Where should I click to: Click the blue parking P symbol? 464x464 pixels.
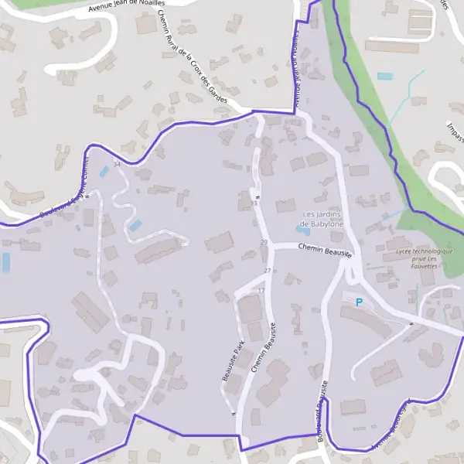click(359, 302)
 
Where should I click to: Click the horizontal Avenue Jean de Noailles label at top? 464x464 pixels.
click(127, 7)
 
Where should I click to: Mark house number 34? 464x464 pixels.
click(117, 165)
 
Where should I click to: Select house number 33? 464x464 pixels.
click(254, 203)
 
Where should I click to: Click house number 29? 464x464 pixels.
click(264, 243)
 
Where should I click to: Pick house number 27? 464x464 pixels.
click(268, 270)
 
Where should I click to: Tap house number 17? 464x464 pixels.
click(260, 291)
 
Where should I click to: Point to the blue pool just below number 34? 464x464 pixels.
click(104, 171)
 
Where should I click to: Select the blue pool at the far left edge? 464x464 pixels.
click(6, 262)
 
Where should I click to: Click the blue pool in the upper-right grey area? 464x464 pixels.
click(384, 77)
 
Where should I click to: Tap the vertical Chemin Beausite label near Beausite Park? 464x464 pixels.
click(264, 349)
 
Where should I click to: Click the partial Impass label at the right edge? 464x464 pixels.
click(455, 128)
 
